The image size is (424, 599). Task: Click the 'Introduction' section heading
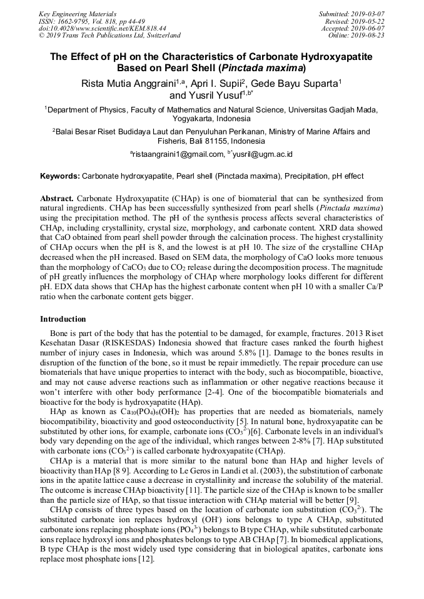click(x=63, y=319)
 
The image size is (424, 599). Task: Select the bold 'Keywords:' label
click(x=60, y=176)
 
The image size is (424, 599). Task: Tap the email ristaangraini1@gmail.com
click(x=177, y=154)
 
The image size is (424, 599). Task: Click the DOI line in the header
click(x=103, y=29)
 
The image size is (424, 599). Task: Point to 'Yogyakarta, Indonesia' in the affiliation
click(x=211, y=119)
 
